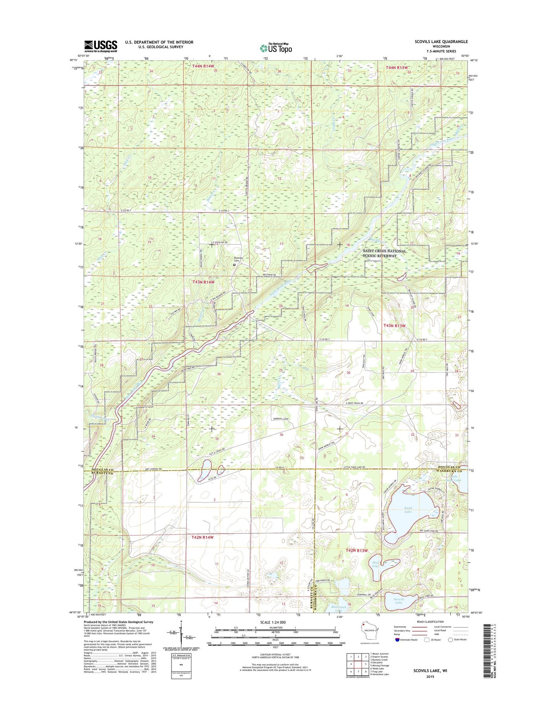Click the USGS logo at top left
[100, 46]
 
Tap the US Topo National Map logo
[276, 48]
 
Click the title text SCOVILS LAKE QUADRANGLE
[441, 42]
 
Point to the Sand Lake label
[408, 509]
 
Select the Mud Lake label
[376, 564]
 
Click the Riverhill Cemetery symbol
[234, 264]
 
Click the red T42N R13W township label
[356, 551]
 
